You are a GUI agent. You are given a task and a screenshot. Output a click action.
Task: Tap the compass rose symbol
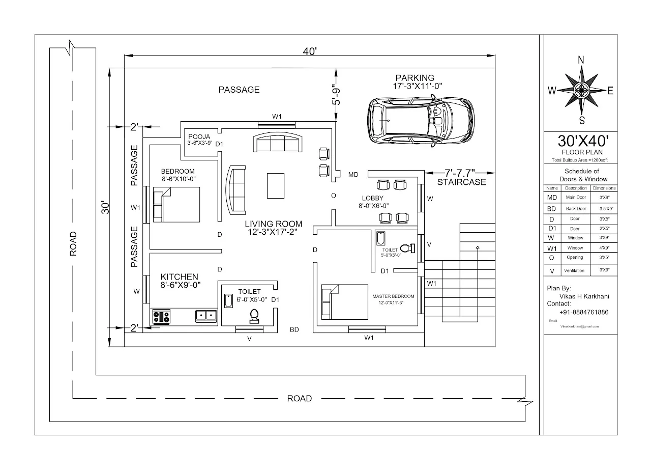coord(581,91)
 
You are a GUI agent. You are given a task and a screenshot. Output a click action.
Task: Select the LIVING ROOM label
coord(273,224)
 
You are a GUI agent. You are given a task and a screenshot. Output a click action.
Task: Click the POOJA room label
coord(198,137)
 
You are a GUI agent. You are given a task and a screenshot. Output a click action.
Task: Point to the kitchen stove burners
coord(161,317)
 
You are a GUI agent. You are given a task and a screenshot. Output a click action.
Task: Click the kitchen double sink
coord(206,316)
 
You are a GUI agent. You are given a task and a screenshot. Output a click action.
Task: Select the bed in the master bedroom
coord(344,301)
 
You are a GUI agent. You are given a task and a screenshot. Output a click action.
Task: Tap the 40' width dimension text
coord(310,50)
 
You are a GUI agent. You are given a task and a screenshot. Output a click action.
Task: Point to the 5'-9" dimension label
coord(336,95)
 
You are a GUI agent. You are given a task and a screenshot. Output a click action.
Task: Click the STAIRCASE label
coord(461,182)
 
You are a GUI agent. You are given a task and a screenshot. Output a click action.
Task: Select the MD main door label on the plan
coord(353,175)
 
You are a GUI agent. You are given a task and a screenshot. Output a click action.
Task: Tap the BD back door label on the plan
coord(294,330)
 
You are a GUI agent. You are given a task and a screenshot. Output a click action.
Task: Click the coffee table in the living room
coord(276,185)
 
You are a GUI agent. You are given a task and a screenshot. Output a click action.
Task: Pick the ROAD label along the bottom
coord(299,398)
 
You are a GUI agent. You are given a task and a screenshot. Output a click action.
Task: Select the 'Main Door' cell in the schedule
coord(576,198)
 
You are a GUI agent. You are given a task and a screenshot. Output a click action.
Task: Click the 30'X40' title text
coord(581,141)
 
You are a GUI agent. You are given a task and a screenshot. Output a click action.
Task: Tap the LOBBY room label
coord(372,198)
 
